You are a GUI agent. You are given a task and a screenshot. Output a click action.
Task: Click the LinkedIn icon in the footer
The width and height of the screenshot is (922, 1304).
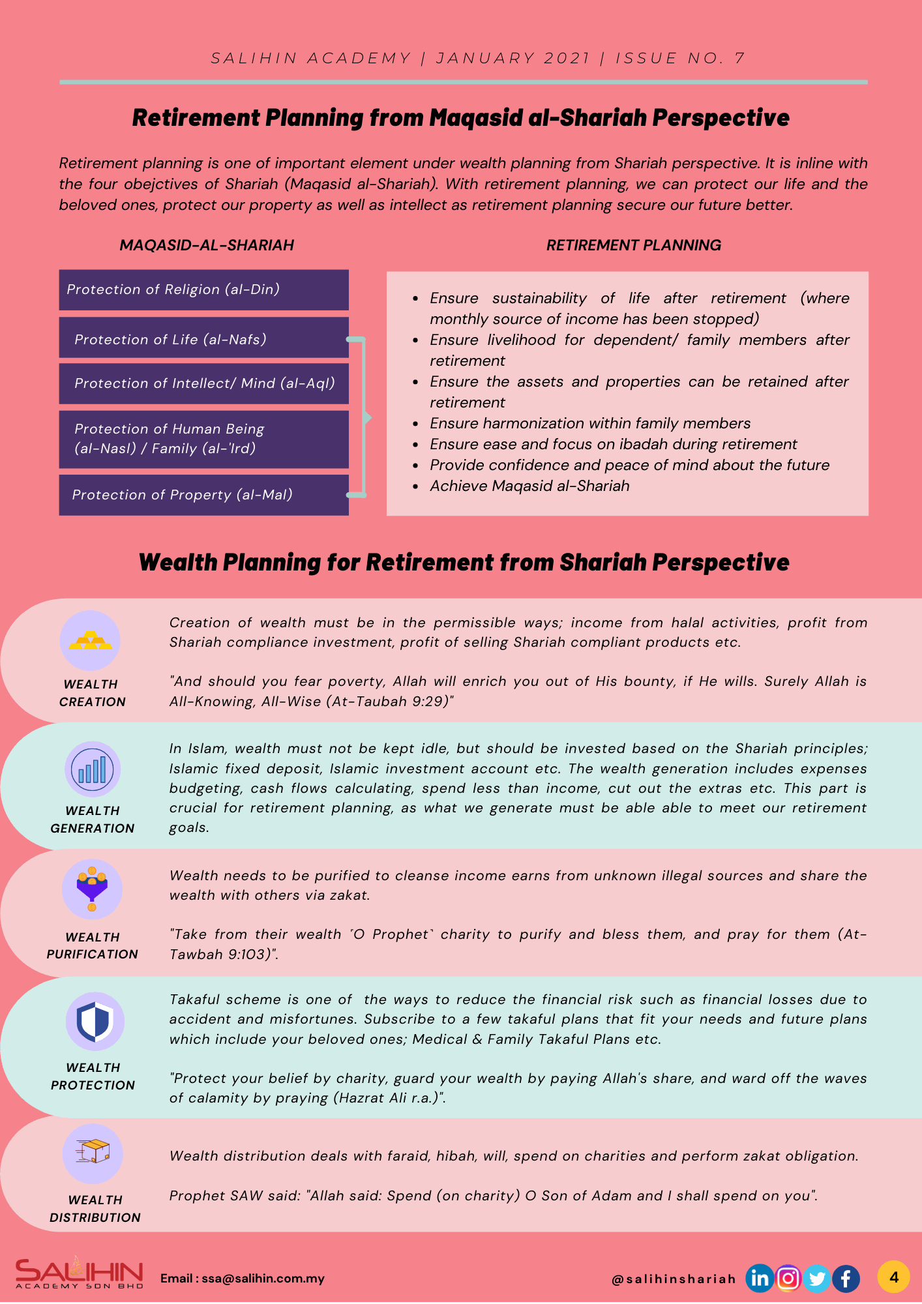[x=760, y=1279]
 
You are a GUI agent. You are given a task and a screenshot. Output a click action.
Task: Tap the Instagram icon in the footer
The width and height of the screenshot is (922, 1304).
[x=788, y=1279]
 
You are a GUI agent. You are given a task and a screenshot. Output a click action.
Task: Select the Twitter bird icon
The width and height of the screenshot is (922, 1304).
[x=817, y=1279]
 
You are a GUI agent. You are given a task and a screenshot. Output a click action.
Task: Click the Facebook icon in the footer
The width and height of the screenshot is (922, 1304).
[x=846, y=1279]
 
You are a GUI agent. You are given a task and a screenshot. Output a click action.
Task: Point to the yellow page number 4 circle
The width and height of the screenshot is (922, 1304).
[x=893, y=1277]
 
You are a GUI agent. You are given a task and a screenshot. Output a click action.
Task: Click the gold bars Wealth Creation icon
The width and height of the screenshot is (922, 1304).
[x=91, y=640]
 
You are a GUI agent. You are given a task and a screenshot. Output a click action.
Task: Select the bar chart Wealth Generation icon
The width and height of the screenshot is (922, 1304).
[x=92, y=769]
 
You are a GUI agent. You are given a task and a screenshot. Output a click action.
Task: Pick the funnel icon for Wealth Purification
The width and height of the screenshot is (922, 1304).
[x=92, y=889]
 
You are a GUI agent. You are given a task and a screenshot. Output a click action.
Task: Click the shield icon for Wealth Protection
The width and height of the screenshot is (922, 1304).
[x=95, y=1021]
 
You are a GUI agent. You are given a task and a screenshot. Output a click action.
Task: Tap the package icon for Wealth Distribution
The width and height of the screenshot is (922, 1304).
[x=93, y=1153]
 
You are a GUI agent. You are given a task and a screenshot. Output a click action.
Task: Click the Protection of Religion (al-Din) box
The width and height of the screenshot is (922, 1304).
[x=203, y=289]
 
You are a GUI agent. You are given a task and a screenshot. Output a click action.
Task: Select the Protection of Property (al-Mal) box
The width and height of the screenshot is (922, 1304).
[x=203, y=495]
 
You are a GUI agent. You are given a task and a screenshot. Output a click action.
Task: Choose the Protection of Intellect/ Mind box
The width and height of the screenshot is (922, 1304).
[x=203, y=383]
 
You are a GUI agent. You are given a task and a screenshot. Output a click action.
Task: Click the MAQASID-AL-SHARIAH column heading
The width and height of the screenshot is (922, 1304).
[x=207, y=245]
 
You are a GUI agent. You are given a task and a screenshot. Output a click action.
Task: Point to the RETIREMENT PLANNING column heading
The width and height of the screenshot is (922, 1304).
[x=633, y=245]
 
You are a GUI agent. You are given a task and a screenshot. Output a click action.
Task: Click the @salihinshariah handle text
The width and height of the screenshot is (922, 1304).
[x=674, y=1279]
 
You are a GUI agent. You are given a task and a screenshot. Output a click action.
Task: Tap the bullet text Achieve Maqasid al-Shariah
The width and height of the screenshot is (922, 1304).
[x=529, y=486]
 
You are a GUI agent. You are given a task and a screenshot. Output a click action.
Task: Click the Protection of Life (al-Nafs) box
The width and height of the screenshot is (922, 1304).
[x=203, y=339]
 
